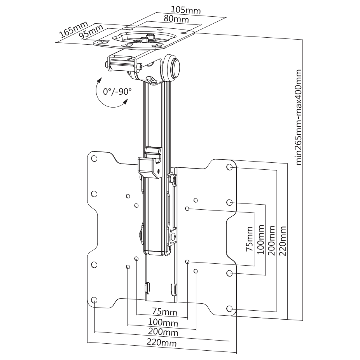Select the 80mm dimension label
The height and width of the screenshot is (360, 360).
pyautogui.click(x=177, y=19)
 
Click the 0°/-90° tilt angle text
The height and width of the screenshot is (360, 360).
pyautogui.click(x=117, y=92)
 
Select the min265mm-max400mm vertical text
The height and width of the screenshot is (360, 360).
pyautogui.click(x=299, y=117)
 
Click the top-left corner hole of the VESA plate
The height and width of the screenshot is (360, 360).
pyautogui.click(x=94, y=158)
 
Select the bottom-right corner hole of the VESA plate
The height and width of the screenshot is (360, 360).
pyautogui.click(x=230, y=309)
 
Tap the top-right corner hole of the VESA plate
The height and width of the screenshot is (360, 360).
pyautogui.click(x=230, y=167)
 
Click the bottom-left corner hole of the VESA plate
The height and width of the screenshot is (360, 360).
pyautogui.click(x=94, y=300)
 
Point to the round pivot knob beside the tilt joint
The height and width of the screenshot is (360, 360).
pyautogui.click(x=174, y=67)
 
